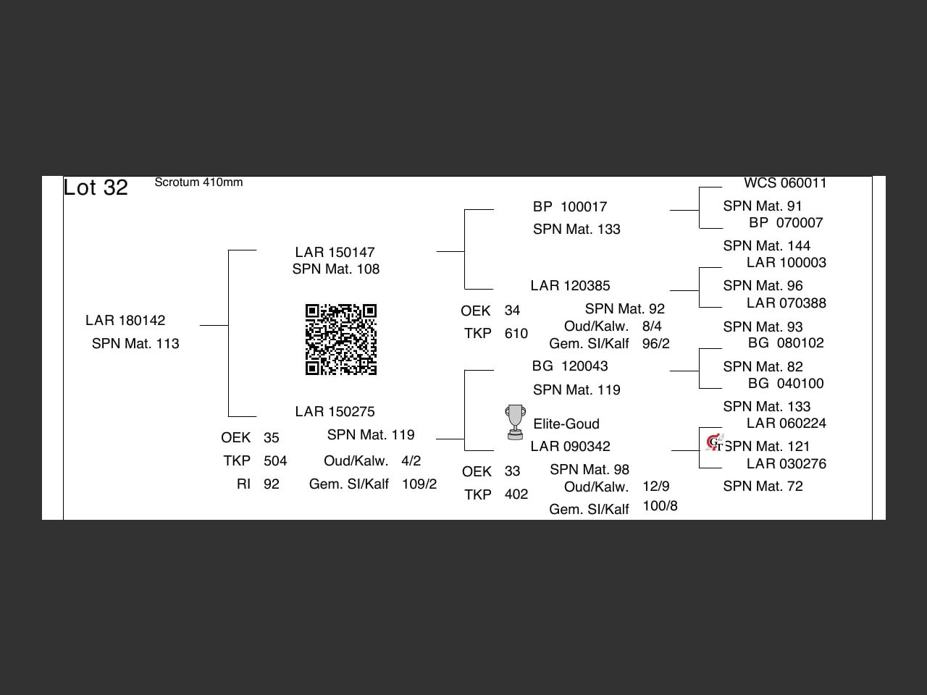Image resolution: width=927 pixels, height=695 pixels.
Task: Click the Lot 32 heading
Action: pos(96,188)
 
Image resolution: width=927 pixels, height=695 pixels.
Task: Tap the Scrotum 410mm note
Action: pos(198,182)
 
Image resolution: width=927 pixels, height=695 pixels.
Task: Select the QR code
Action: pos(341,340)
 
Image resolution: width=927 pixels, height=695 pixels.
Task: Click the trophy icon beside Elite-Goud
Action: pos(515,422)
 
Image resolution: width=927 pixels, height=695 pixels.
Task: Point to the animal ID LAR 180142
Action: pos(125,321)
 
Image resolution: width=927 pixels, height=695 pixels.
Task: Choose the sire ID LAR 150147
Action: pos(335,253)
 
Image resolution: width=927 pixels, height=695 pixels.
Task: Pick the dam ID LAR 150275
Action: pos(335,412)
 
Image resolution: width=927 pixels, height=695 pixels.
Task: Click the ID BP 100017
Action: pos(570,207)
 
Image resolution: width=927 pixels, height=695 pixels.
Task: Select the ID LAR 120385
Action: pos(570,286)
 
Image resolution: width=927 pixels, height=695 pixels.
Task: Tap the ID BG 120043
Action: pos(570,366)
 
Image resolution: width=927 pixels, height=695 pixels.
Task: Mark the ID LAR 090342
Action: pos(570,447)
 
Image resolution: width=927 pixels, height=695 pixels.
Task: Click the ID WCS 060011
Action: pos(785,183)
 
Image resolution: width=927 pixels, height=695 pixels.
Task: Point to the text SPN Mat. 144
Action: pos(766,246)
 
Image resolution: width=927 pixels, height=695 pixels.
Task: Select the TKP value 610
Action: pos(516,334)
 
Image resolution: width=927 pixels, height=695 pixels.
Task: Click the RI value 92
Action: pos(272,484)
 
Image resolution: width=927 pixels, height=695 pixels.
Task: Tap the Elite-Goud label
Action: pos(566,424)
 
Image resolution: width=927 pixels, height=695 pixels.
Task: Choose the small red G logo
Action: pos(714,442)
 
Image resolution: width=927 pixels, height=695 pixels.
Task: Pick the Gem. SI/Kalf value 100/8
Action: pos(660,506)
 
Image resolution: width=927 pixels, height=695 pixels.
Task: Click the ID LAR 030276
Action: pos(786,464)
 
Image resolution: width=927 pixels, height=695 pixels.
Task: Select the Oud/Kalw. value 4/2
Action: pos(411,461)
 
